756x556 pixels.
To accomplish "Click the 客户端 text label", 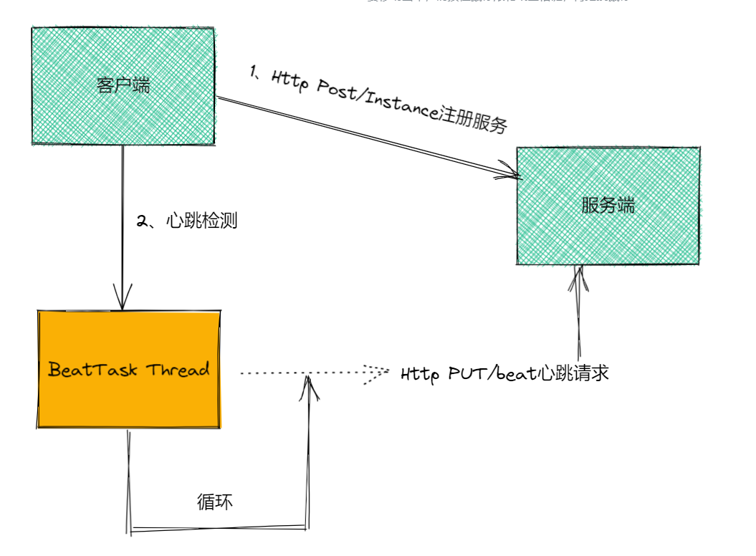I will [123, 85].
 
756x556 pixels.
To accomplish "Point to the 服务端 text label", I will [608, 206].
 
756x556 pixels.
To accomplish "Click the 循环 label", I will [215, 502].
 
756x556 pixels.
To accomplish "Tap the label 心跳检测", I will [201, 221].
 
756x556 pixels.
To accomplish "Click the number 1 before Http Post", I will [254, 71].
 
